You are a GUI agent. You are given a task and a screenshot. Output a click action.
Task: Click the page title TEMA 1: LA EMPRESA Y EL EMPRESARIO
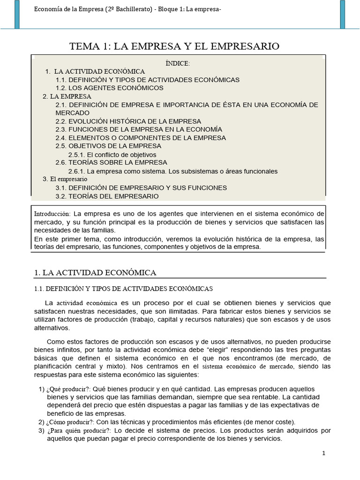(x=174, y=46)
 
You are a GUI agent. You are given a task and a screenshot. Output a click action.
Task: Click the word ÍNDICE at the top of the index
(x=178, y=63)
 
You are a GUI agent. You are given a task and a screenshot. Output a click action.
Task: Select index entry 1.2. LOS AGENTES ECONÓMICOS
(x=109, y=88)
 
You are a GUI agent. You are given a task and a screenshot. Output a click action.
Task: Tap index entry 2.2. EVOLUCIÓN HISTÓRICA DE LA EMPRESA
(x=128, y=121)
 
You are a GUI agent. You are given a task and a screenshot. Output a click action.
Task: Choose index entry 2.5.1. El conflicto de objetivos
(x=112, y=155)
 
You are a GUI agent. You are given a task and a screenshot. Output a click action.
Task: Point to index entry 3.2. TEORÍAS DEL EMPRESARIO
(x=107, y=196)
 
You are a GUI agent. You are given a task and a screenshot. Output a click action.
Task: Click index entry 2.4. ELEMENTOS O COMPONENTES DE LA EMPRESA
(x=140, y=138)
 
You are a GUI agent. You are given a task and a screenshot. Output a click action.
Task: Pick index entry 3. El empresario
(x=65, y=179)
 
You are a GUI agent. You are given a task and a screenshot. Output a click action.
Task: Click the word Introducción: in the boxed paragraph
(x=52, y=214)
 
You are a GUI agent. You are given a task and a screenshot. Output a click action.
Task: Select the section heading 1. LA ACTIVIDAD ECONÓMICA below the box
(x=96, y=273)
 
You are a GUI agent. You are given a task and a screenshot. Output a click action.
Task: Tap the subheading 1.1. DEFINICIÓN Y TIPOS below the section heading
(x=124, y=288)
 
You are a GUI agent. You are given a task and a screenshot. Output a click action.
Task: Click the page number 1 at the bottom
(x=324, y=453)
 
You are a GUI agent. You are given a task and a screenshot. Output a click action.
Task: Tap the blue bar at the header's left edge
(x=17, y=14)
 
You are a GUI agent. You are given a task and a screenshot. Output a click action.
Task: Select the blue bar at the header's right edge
(x=343, y=14)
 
